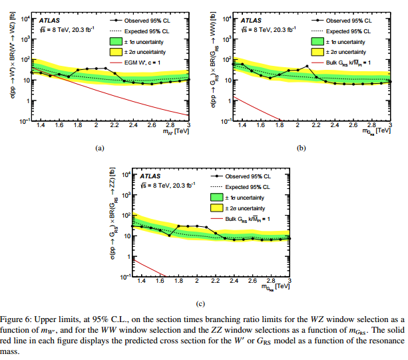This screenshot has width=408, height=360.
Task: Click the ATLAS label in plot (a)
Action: pyautogui.click(x=45, y=21)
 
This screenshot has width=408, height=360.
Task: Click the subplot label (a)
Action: pyautogui.click(x=100, y=148)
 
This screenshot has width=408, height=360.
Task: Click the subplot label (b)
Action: pyautogui.click(x=302, y=148)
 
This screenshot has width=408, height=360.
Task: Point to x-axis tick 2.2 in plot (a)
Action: pyautogui.click(x=114, y=125)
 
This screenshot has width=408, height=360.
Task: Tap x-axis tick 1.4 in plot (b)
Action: pyautogui.click(x=241, y=125)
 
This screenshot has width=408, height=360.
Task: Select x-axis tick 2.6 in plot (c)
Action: pyautogui.click(x=254, y=281)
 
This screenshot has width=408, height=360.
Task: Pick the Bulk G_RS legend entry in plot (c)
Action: pyautogui.click(x=252, y=219)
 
